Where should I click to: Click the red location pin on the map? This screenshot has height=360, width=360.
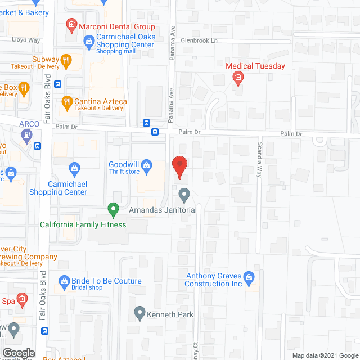click(x=179, y=167)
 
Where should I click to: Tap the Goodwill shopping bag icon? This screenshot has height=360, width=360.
click(x=147, y=165)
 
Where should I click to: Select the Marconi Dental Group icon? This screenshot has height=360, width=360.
click(x=71, y=24)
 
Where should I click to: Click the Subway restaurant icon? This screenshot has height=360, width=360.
click(x=67, y=60)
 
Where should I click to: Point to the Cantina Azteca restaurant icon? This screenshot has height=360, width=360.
click(x=67, y=102)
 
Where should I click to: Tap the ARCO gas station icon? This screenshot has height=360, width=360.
click(x=25, y=135)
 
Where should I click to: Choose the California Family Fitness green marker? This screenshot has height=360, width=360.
click(x=113, y=210)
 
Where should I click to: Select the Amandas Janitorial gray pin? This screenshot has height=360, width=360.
click(x=184, y=195)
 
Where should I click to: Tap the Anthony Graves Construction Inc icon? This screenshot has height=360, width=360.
click(x=250, y=277)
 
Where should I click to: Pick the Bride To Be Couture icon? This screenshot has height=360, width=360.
click(x=64, y=281)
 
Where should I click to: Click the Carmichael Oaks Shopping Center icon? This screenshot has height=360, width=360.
click(x=89, y=40)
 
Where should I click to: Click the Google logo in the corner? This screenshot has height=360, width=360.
click(x=18, y=353)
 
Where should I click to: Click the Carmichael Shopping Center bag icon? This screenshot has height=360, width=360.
click(x=74, y=167)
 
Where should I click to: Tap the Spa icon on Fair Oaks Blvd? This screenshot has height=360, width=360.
click(x=22, y=298)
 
